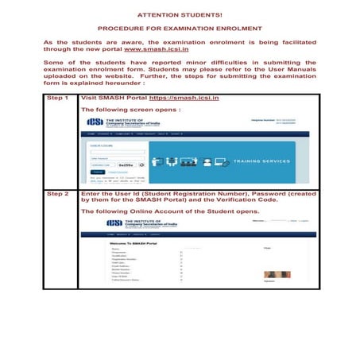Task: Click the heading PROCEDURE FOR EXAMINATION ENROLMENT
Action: (x=179, y=28)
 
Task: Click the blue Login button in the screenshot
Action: (x=97, y=171)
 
